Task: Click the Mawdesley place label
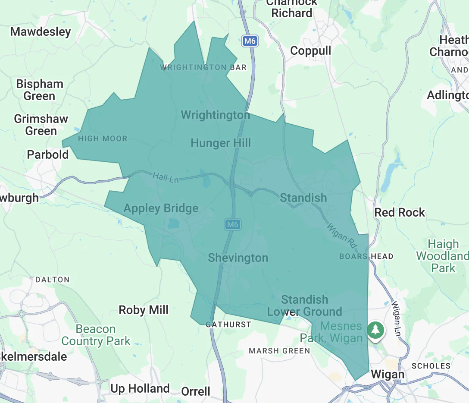[x=41, y=31]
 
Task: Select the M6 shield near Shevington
[x=232, y=224]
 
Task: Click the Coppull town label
[x=310, y=51]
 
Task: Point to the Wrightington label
[x=215, y=115]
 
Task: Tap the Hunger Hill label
[x=221, y=143]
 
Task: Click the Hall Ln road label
[x=166, y=177]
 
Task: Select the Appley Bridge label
[x=161, y=208]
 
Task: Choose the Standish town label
[x=303, y=198]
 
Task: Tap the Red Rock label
[x=400, y=212]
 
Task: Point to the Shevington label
[x=238, y=258]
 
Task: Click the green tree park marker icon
[x=376, y=330]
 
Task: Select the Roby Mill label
[x=144, y=310]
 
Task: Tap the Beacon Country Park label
[x=96, y=335]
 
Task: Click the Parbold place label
[x=47, y=154]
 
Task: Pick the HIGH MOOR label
[x=103, y=139]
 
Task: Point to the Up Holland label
[x=140, y=388]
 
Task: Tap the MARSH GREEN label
[x=279, y=351]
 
